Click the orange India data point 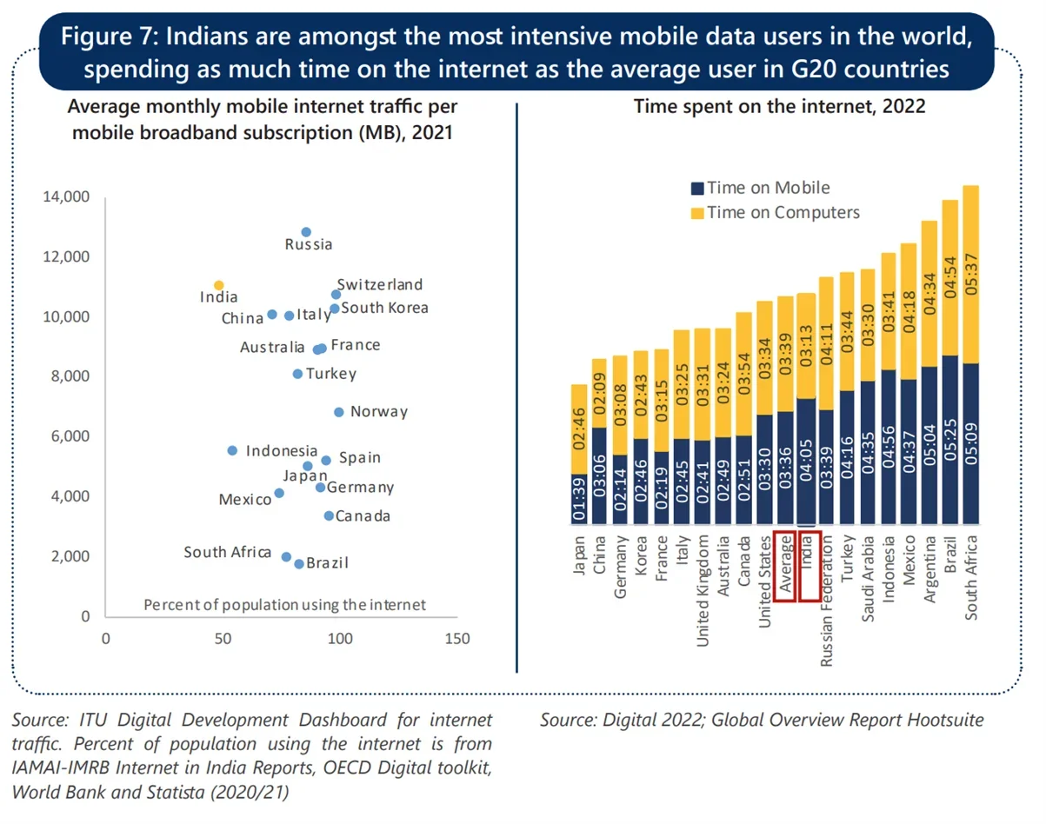tap(218, 285)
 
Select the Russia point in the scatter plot tap(306, 232)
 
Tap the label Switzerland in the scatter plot tap(380, 284)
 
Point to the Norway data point tap(339, 412)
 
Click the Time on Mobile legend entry tap(759, 188)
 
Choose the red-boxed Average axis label tap(785, 566)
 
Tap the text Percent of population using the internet tap(284, 604)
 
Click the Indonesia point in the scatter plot tap(232, 450)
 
